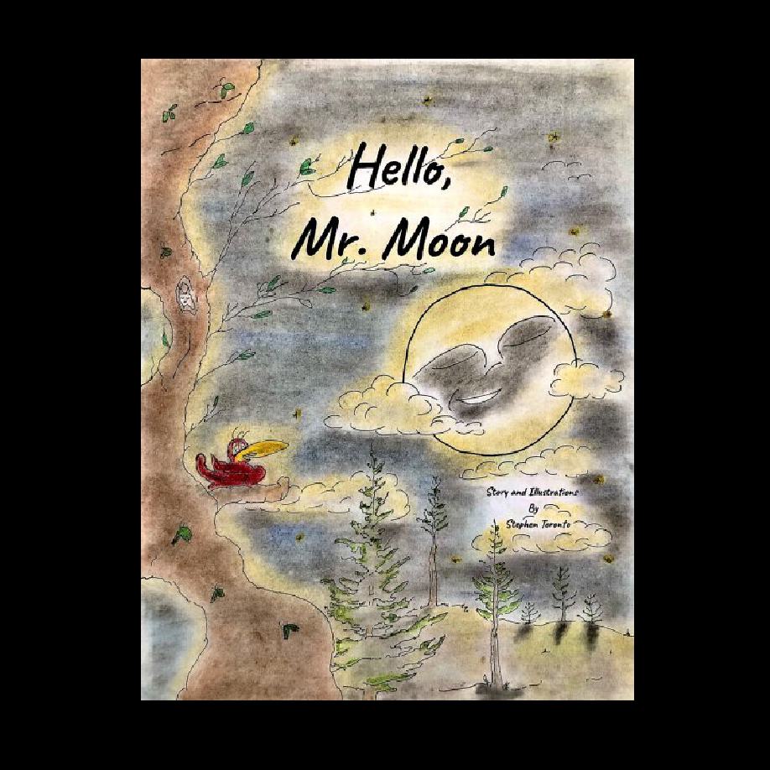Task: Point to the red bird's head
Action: (x=242, y=444)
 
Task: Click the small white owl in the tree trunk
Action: (x=185, y=295)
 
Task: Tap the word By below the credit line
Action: (x=533, y=508)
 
